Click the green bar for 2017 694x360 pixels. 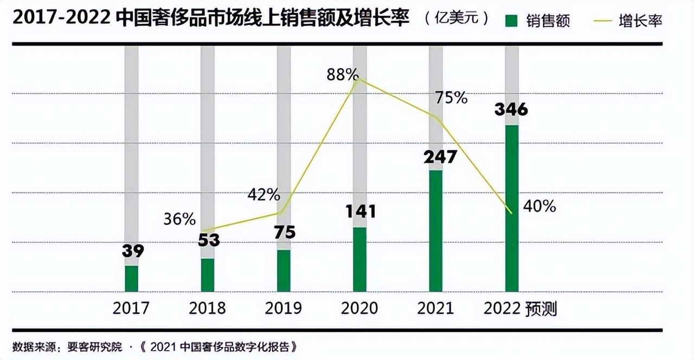coord(132,279)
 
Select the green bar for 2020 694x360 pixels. coord(359,259)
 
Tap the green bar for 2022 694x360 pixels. coord(512,208)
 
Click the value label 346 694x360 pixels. coord(511,110)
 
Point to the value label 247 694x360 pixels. coord(440,157)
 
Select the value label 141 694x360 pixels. coord(361,211)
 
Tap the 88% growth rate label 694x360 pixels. coord(343,75)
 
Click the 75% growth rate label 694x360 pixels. coord(451,98)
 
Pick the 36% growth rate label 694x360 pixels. coord(179,219)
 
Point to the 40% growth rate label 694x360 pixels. coord(539,206)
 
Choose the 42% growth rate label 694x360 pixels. coord(264,195)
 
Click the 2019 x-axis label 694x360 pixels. coord(284,308)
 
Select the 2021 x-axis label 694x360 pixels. coord(435,308)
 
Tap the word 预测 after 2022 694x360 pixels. coord(542,309)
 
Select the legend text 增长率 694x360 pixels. coord(640,21)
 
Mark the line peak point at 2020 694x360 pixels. coord(358,80)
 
